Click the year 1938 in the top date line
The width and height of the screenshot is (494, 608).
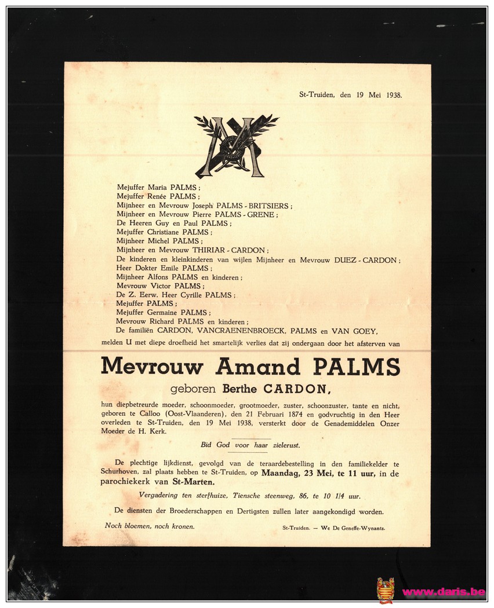click(x=393, y=95)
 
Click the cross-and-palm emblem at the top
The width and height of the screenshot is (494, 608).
click(x=235, y=146)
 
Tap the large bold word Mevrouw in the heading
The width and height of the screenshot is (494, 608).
click(x=152, y=367)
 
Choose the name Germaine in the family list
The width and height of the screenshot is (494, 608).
click(x=164, y=313)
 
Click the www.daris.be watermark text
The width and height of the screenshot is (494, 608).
click(x=443, y=592)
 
